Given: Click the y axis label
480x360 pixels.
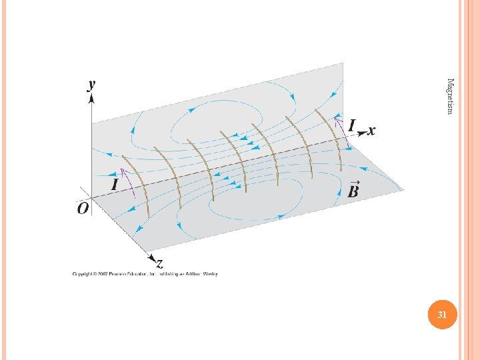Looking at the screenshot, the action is pyautogui.click(x=91, y=85).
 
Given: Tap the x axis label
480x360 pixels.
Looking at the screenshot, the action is pyautogui.click(x=371, y=130).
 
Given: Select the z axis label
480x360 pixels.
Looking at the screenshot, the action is pyautogui.click(x=158, y=262).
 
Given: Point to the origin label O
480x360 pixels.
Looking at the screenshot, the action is pyautogui.click(x=83, y=209).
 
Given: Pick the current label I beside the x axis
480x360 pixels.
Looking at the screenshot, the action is pyautogui.click(x=351, y=125).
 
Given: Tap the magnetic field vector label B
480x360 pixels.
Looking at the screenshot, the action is pyautogui.click(x=353, y=189).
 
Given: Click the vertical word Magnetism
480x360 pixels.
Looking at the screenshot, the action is pyautogui.click(x=450, y=96).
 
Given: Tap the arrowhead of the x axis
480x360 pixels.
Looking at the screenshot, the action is pyautogui.click(x=361, y=133).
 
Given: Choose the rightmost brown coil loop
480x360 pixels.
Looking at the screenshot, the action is pyautogui.click(x=333, y=140).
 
